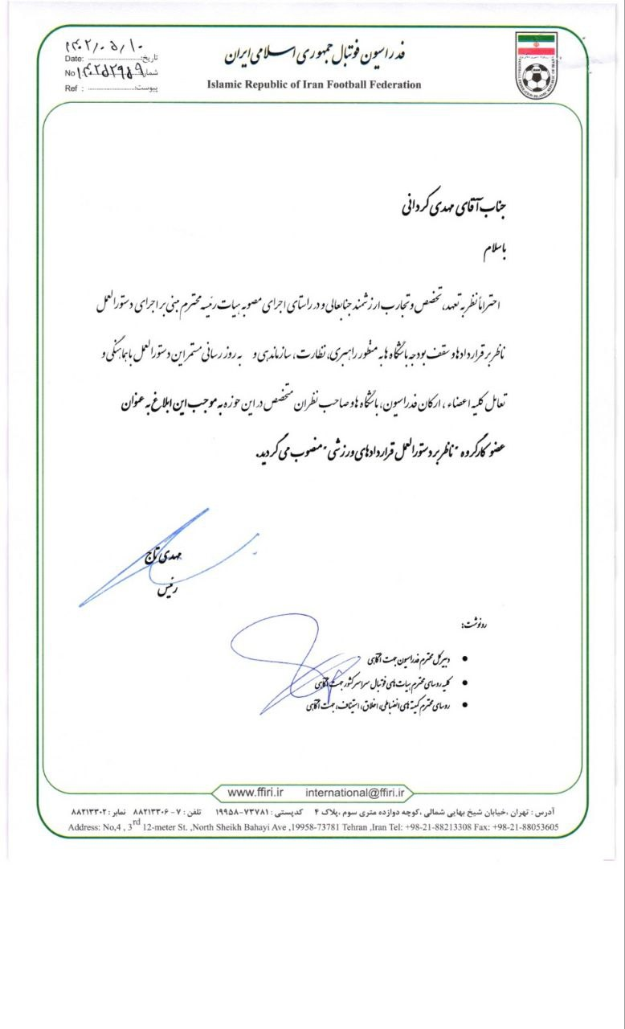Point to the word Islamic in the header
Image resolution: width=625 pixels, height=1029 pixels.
pos(227,84)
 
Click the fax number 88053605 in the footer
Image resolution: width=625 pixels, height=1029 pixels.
pos(534,827)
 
